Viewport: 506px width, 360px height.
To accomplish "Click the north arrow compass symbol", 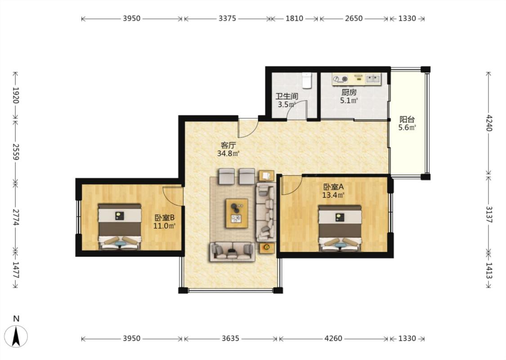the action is click(16, 336).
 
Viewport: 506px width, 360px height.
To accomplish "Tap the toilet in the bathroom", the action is click(307, 81).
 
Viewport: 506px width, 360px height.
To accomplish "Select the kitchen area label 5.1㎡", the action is click(349, 101).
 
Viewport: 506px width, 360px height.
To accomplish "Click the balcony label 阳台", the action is click(407, 119).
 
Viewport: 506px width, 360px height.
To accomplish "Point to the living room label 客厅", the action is click(228, 145).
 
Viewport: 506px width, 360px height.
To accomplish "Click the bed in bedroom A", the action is click(340, 228).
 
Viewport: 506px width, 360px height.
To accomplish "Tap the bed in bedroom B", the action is click(120, 227).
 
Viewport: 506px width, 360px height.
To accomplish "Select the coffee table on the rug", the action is click(237, 213).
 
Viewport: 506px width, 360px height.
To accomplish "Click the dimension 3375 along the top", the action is click(227, 18).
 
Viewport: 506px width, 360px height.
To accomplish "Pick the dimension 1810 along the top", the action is click(294, 18).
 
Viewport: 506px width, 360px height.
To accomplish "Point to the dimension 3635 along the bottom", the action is click(230, 338).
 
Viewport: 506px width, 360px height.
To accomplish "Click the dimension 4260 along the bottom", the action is click(333, 338).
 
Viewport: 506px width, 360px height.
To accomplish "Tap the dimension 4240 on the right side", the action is click(489, 123).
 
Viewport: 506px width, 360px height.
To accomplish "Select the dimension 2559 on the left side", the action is click(15, 152).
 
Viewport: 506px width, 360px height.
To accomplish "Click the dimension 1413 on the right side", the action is click(489, 270).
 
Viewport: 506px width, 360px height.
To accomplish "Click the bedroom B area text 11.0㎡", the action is click(164, 226).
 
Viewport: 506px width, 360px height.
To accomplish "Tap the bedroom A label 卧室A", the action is click(333, 187).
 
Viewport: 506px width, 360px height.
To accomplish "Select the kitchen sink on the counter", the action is click(373, 78).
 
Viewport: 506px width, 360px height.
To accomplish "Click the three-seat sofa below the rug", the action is click(232, 251).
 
